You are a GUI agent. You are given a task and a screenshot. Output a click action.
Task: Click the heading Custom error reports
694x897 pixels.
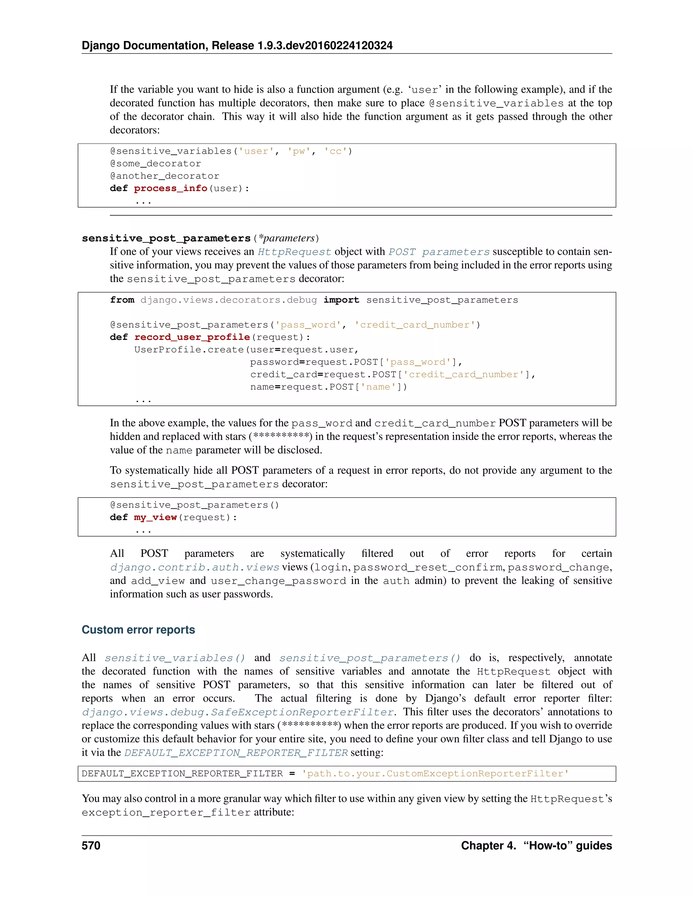point(138,630)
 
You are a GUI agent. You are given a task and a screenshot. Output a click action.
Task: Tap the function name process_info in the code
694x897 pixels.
point(170,189)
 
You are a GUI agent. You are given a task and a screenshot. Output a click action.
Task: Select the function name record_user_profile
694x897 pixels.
point(192,337)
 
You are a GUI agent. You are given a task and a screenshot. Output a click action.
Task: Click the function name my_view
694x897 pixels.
point(155,518)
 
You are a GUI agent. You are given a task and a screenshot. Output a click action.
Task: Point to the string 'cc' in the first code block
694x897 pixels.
point(335,152)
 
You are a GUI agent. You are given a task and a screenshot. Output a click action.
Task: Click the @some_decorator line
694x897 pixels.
point(156,164)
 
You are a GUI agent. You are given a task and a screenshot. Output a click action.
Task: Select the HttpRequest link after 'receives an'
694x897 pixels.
point(294,252)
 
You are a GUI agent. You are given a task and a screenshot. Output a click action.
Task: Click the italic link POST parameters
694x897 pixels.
point(439,252)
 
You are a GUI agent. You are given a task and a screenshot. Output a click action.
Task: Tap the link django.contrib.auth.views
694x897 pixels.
point(195,568)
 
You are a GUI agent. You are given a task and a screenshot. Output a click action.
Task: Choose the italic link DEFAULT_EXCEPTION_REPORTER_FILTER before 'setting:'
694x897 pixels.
point(236,753)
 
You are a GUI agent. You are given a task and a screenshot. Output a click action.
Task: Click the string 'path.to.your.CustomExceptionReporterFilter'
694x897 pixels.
point(435,774)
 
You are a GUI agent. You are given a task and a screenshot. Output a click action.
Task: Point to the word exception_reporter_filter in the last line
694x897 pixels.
point(166,813)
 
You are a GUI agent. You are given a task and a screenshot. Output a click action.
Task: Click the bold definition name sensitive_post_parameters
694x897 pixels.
point(166,239)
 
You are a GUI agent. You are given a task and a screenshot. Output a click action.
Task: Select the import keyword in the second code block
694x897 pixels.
point(341,300)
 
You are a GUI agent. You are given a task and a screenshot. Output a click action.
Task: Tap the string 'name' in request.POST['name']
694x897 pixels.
point(378,387)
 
